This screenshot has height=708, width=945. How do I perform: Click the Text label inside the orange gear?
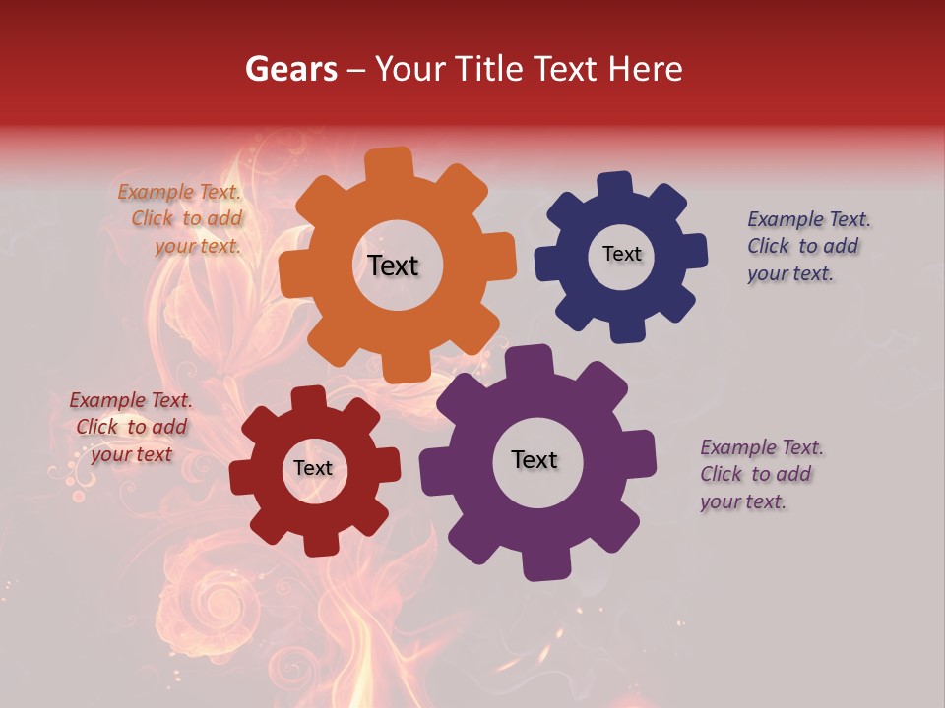[393, 265]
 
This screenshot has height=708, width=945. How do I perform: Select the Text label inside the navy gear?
[621, 254]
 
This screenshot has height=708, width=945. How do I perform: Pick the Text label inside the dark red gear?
[313, 469]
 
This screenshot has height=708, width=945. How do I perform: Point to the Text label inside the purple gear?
[535, 459]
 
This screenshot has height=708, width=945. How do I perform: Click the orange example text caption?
[182, 219]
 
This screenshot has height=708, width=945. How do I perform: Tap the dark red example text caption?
[131, 427]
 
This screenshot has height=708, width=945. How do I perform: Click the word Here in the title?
[646, 69]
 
